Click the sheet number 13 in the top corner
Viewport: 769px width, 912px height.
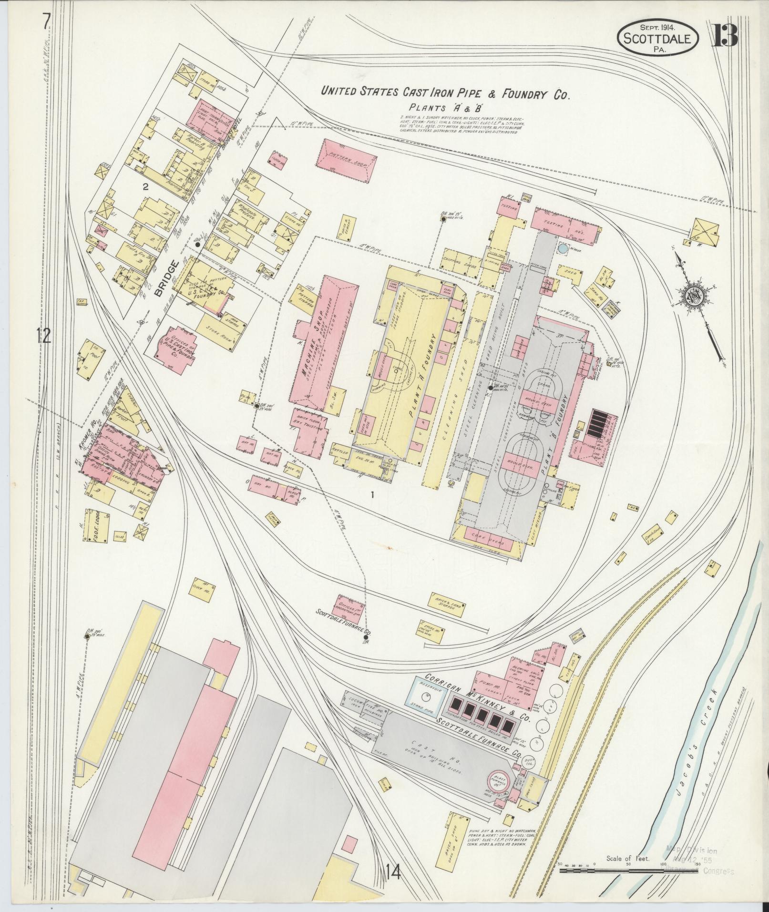725,35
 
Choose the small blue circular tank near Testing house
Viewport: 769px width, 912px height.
564,248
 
